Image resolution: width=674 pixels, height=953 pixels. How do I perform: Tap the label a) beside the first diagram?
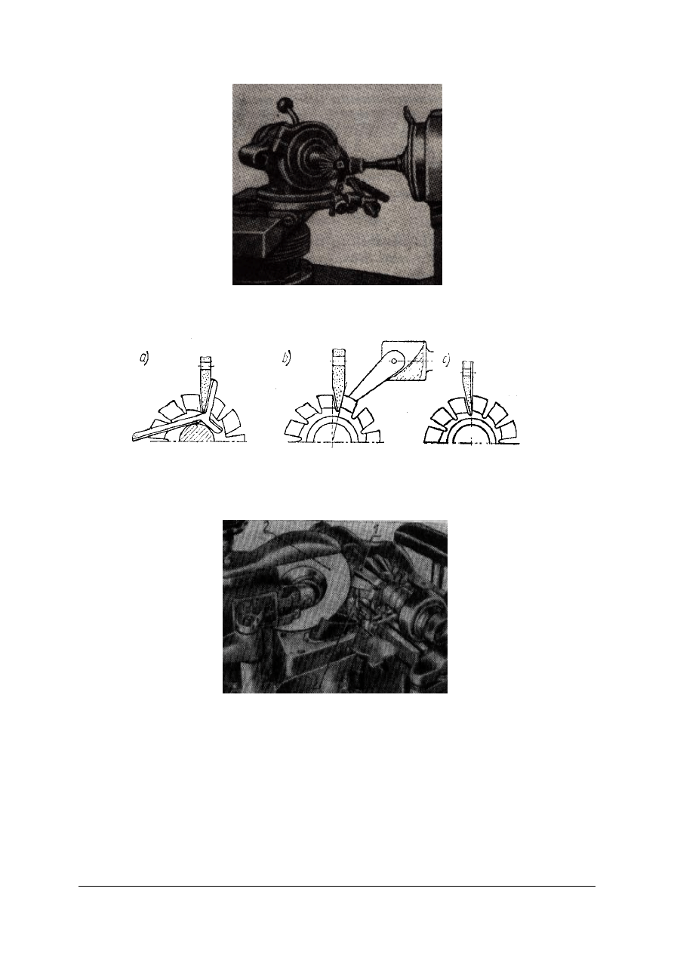tap(145, 359)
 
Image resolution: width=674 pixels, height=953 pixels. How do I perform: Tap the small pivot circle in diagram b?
tap(395, 361)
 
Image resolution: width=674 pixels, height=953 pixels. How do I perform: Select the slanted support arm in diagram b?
tap(374, 379)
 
